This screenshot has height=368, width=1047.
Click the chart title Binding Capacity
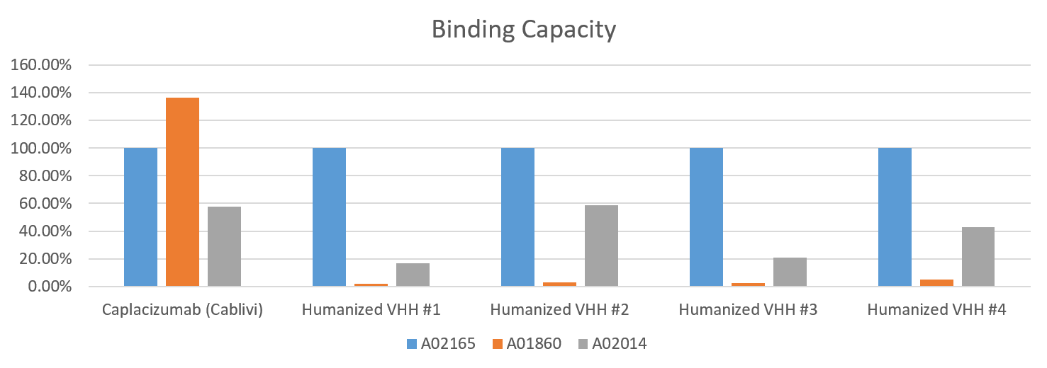coord(523,30)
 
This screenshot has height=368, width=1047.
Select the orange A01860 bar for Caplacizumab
coord(182,192)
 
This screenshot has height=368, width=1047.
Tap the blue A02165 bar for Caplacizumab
coord(140,217)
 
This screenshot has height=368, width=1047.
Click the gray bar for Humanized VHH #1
coord(413,275)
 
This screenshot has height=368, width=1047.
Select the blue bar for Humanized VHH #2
coord(517,217)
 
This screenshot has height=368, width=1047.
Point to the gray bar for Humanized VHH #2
coord(601,246)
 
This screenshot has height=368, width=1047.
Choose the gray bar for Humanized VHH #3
coord(790,272)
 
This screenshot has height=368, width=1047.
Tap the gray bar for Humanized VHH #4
coord(978,257)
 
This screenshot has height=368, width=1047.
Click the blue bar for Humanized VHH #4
coord(895,217)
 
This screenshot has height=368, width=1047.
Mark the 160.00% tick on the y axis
coord(41,65)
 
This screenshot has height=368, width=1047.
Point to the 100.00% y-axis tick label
coord(41,149)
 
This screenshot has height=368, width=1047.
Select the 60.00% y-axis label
coord(44,204)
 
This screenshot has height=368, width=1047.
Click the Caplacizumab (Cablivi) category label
coord(182,310)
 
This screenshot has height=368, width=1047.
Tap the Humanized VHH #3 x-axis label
coord(748,310)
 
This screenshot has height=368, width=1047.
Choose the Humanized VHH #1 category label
coord(371,310)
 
